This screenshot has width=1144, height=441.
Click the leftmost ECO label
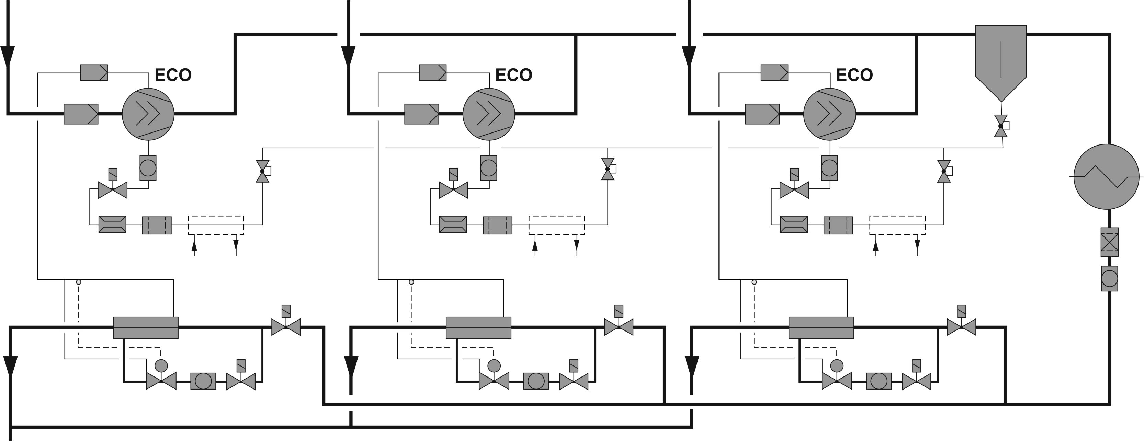[x=173, y=75]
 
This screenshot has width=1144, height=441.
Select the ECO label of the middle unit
[x=514, y=75]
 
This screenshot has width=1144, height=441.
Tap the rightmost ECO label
[x=854, y=75]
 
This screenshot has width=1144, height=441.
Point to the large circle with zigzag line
[x=1106, y=177]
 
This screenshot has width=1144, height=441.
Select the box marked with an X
[x=1109, y=242]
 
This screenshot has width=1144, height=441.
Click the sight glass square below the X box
[x=1109, y=279]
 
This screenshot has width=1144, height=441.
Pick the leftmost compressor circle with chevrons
[x=148, y=114]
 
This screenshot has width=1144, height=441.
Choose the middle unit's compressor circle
[x=488, y=114]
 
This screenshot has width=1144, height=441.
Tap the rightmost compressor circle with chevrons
[x=829, y=114]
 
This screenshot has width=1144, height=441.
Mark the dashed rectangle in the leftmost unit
[x=216, y=225]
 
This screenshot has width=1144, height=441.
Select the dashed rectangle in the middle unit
[x=556, y=225]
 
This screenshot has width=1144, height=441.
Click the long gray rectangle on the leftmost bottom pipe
[x=146, y=327]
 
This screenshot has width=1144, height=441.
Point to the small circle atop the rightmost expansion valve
[x=837, y=365]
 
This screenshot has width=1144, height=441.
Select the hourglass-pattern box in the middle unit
[x=453, y=224]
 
